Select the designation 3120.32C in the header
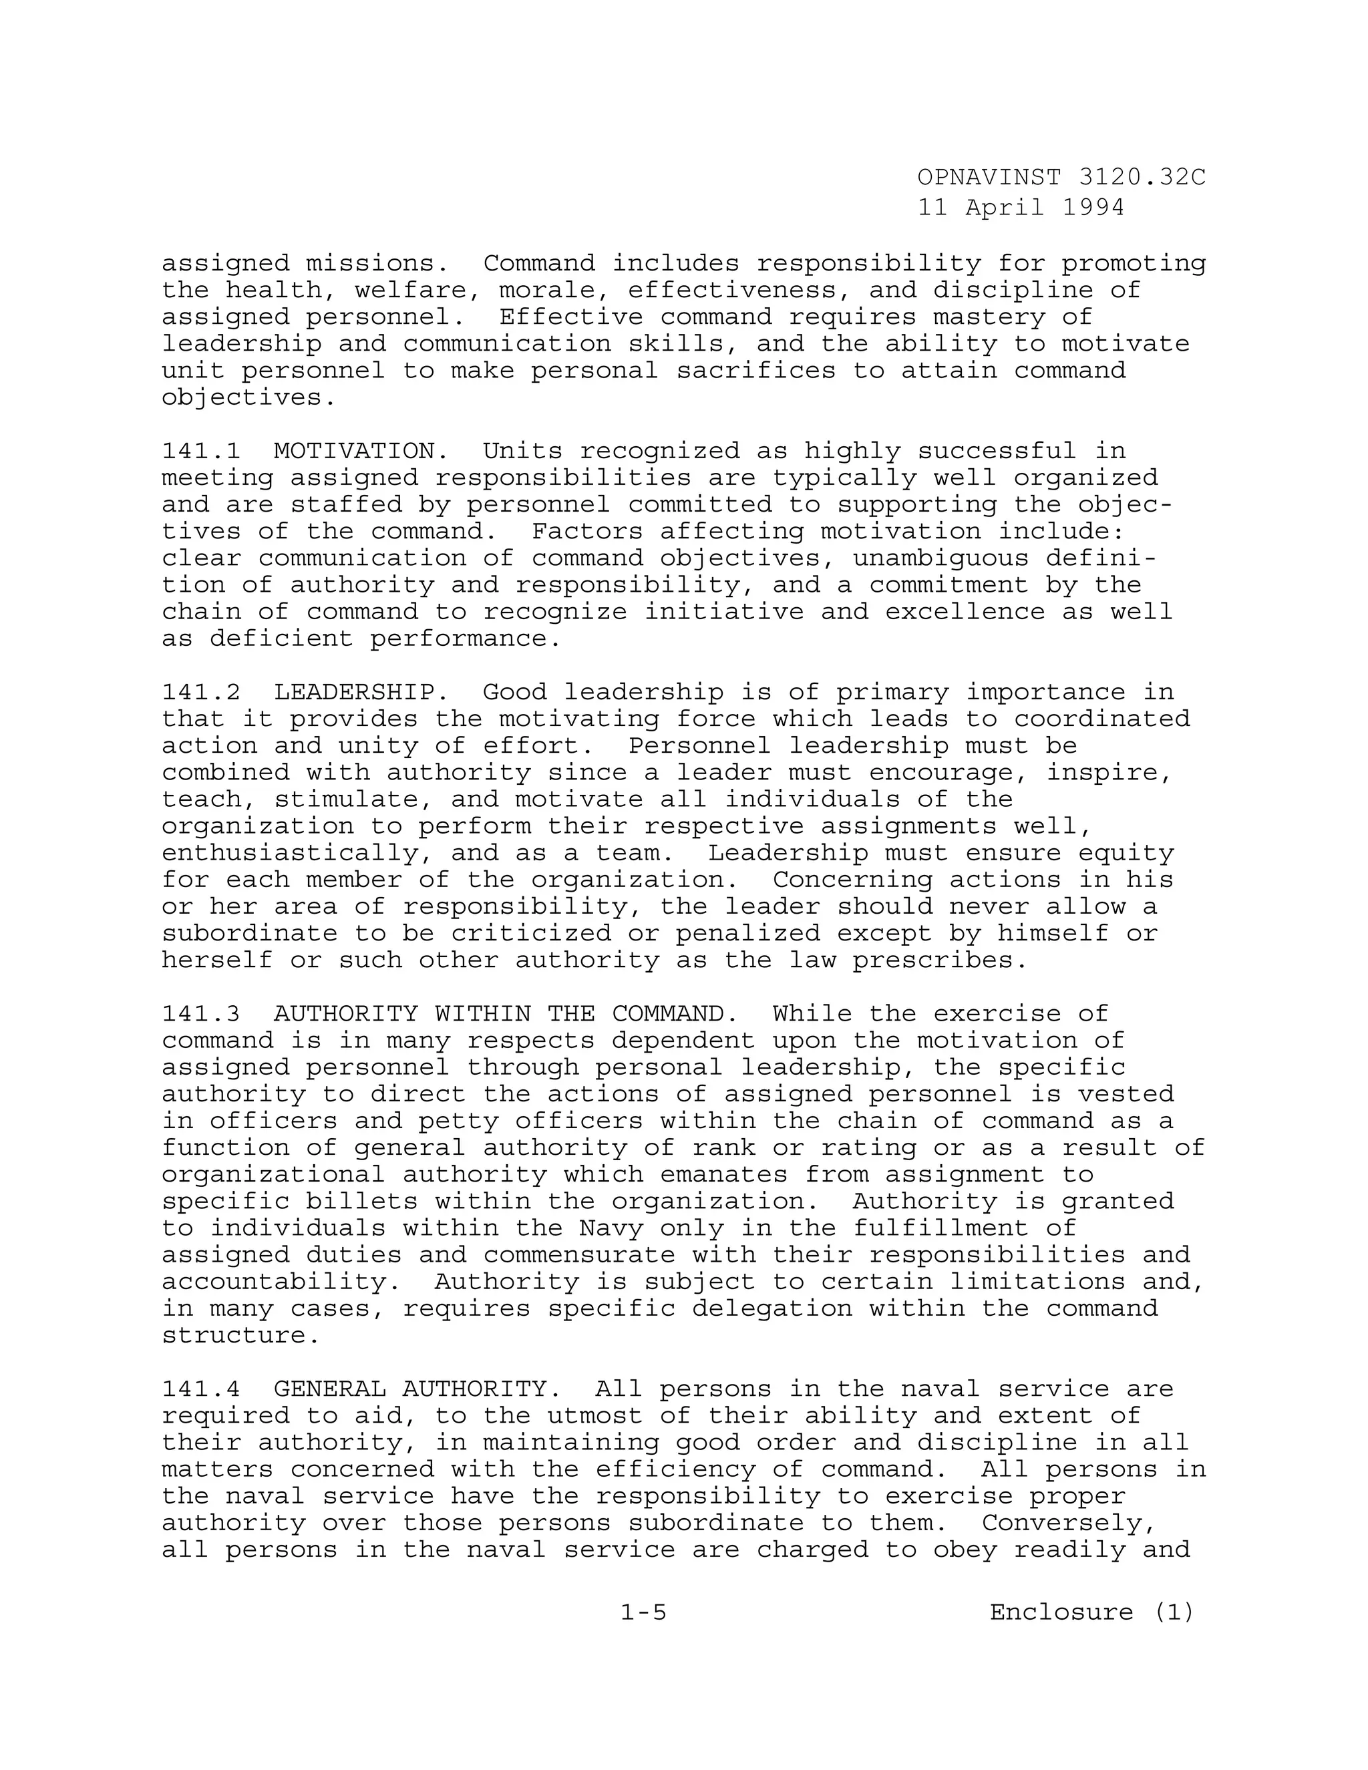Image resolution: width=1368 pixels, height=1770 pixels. [x=1142, y=177]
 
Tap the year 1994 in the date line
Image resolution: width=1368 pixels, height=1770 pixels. [x=1092, y=208]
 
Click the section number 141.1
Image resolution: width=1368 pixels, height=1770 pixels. [x=201, y=451]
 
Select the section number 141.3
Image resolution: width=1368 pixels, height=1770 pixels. [x=201, y=1014]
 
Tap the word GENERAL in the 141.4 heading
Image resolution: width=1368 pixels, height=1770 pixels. [x=329, y=1389]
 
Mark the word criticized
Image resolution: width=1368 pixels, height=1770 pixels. [x=530, y=933]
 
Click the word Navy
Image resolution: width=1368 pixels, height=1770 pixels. [x=611, y=1228]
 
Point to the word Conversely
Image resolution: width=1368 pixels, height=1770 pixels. [x=1068, y=1523]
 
